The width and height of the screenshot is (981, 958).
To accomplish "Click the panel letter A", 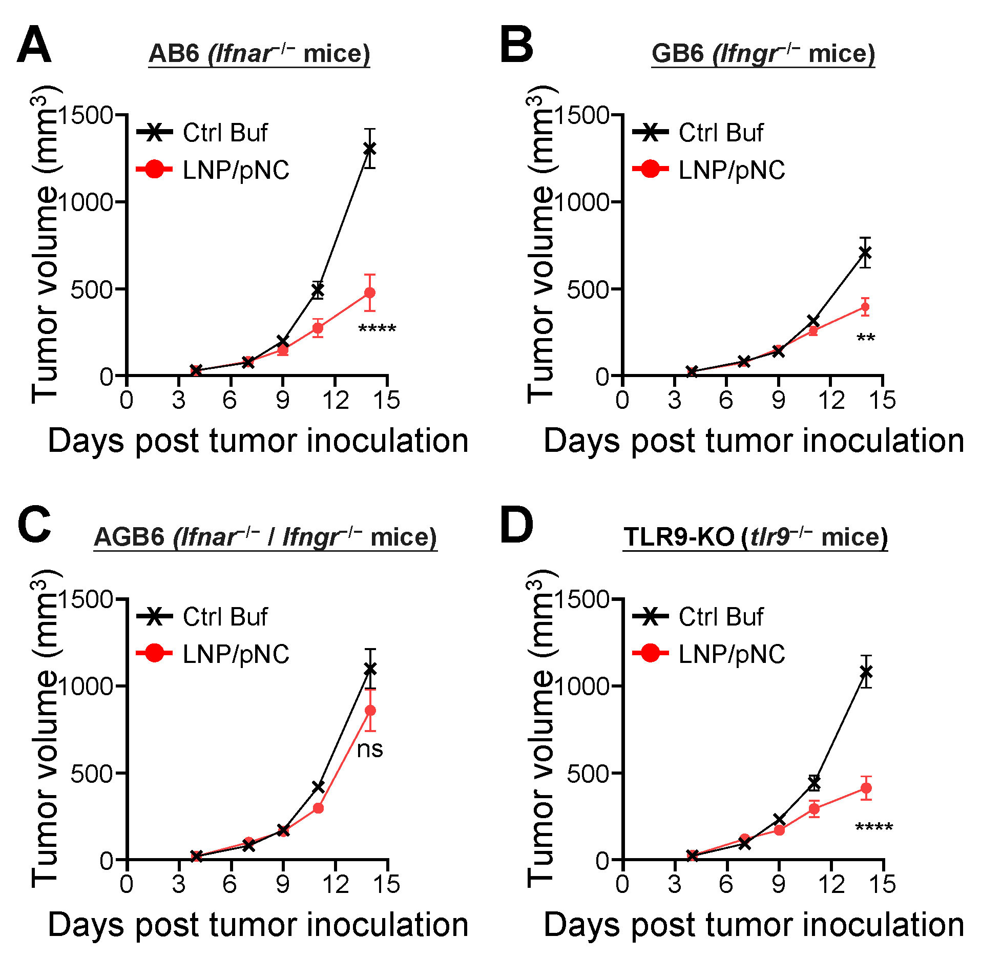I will pos(34,46).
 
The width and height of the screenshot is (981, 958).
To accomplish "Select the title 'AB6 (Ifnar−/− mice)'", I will pos(259,54).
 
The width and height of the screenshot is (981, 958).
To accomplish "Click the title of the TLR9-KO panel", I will pos(755,537).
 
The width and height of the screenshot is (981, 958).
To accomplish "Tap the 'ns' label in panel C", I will pos(370,749).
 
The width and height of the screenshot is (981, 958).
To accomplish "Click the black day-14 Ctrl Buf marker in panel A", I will pos(369,149).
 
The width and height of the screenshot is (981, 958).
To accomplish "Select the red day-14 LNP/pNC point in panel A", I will pos(369,293).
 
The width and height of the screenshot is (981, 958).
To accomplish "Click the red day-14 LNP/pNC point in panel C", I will pos(370,710).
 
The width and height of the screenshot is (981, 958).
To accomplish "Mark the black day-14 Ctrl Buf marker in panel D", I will pos(866,671).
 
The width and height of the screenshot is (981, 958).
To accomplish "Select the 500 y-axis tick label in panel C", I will pos(91,774).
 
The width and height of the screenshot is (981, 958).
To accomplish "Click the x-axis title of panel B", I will pos(754,441).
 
